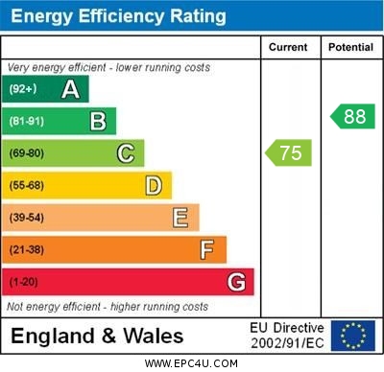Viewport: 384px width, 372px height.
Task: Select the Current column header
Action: (288, 47)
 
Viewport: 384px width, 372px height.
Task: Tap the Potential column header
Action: (350, 47)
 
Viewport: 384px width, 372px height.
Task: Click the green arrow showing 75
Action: (289, 152)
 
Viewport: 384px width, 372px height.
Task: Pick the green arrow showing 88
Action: (351, 117)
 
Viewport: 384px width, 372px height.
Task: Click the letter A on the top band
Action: (70, 90)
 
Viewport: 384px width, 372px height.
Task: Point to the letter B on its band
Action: (98, 121)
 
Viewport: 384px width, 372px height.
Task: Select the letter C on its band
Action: (125, 153)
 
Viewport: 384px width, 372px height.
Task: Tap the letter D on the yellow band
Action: (153, 185)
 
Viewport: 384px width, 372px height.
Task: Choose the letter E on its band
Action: (180, 218)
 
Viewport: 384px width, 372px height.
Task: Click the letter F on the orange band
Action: (206, 250)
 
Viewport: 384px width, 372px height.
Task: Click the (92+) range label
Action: (22, 90)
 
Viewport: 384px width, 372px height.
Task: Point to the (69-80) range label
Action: (27, 153)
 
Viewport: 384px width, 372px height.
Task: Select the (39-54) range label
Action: (27, 218)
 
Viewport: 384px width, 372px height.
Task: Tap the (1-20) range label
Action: (24, 282)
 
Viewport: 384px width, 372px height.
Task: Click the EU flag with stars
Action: (352, 336)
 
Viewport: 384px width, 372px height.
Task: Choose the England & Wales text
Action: (97, 337)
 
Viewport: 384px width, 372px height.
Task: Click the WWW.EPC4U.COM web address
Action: (192, 363)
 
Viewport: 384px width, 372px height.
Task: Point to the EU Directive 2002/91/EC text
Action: (287, 336)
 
